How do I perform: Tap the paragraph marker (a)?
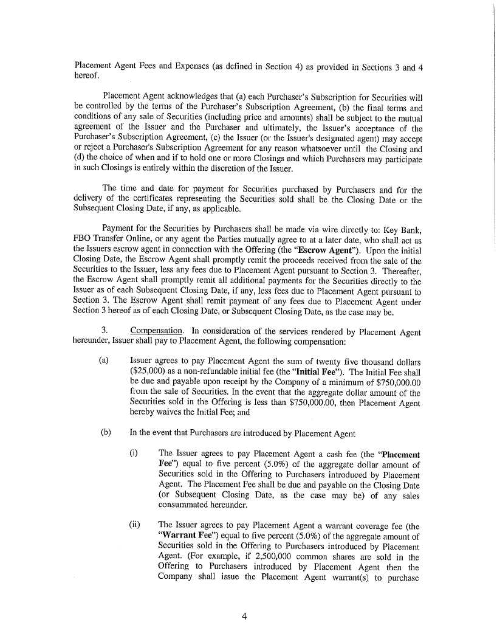[103, 361]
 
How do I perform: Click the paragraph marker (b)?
[103, 433]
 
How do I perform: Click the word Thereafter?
[400, 267]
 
